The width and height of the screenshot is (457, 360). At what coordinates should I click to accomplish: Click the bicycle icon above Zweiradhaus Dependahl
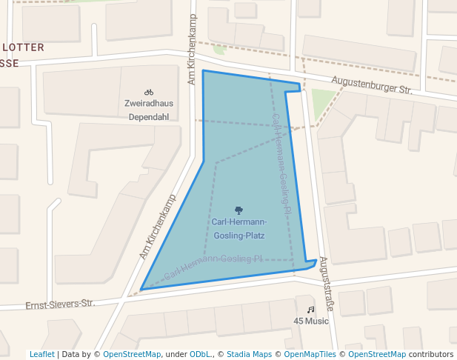149,92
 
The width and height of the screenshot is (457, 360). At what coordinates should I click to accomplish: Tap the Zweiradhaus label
149,104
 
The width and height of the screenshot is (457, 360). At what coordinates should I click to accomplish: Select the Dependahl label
149,117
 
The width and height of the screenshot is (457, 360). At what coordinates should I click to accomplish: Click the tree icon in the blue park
238,210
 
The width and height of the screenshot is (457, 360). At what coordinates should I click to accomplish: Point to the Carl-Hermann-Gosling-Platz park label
238,229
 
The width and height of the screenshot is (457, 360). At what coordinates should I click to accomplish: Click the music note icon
311,309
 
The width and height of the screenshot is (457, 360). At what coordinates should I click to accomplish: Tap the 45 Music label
311,321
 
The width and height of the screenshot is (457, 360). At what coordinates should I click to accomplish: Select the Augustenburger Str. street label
371,84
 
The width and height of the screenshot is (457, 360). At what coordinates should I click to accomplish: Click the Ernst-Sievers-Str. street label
61,304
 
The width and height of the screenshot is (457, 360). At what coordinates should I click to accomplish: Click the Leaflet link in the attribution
41,354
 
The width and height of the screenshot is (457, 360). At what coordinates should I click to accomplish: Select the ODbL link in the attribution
199,354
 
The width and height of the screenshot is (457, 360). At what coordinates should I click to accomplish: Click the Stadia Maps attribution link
249,354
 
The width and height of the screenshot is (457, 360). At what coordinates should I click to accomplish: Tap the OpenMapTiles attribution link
310,354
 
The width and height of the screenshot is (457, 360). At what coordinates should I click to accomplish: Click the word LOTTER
24,47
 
